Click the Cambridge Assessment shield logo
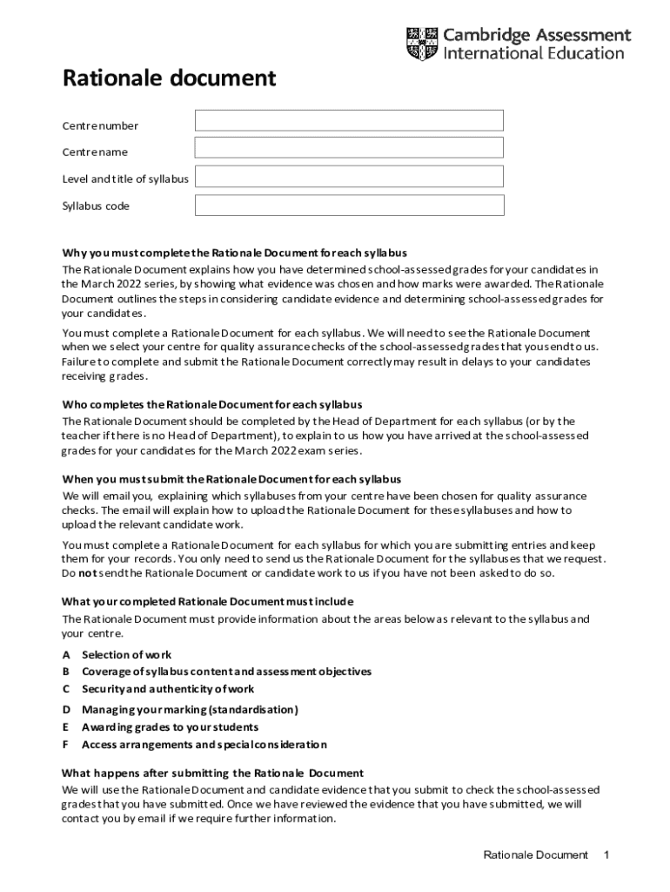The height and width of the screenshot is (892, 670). (x=422, y=44)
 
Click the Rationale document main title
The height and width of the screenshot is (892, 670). (x=169, y=79)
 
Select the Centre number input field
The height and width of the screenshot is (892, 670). (x=349, y=121)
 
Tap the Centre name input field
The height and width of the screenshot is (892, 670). (x=349, y=148)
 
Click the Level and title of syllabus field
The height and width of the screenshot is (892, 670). (x=349, y=177)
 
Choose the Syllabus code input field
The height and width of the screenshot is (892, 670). (x=349, y=206)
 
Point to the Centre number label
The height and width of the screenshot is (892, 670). (x=99, y=126)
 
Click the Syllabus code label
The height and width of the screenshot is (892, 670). (x=95, y=206)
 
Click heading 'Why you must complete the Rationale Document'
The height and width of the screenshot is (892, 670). (x=234, y=253)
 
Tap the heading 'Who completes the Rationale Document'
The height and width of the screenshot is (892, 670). (x=211, y=404)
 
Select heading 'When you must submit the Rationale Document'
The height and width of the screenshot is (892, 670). (x=231, y=479)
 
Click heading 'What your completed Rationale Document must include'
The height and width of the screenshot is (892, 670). (x=207, y=602)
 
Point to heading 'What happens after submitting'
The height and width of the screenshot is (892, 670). (x=211, y=773)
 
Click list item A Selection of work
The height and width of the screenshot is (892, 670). (x=126, y=654)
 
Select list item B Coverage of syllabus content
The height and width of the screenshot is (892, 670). (x=226, y=672)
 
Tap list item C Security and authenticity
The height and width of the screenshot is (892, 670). (x=168, y=689)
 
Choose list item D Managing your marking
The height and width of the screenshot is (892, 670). (x=190, y=710)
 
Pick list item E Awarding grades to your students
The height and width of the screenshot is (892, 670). (x=170, y=727)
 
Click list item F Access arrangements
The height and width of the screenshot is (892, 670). (x=204, y=745)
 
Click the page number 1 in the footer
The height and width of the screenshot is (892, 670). (x=606, y=855)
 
